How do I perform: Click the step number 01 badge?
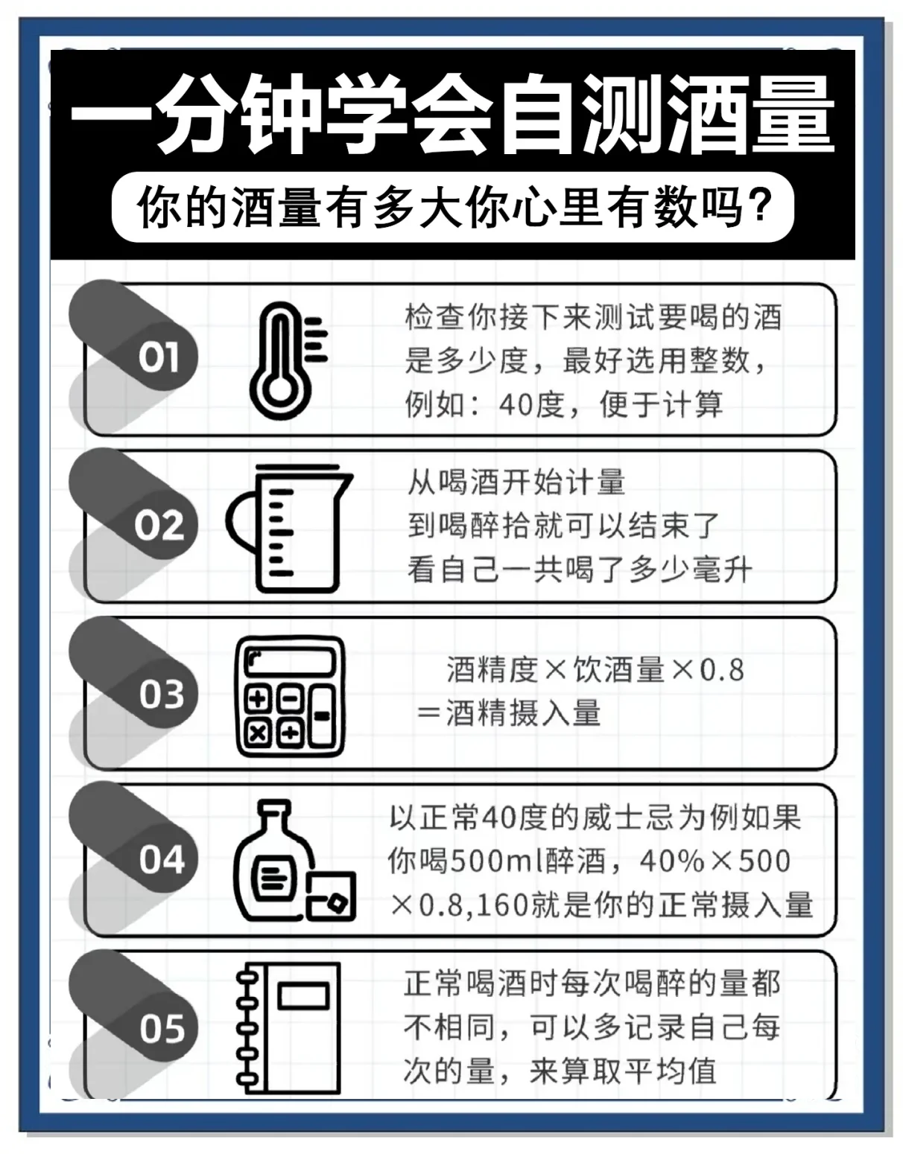[158, 357]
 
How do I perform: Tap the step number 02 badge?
[158, 526]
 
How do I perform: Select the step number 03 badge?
[160, 694]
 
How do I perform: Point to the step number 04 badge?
[160, 860]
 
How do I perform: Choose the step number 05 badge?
[160, 1029]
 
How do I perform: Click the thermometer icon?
[285, 360]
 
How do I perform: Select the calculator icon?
[291, 695]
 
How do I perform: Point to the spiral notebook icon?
[289, 1028]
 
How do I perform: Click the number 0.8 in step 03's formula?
[721, 670]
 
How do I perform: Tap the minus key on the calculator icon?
[322, 716]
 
